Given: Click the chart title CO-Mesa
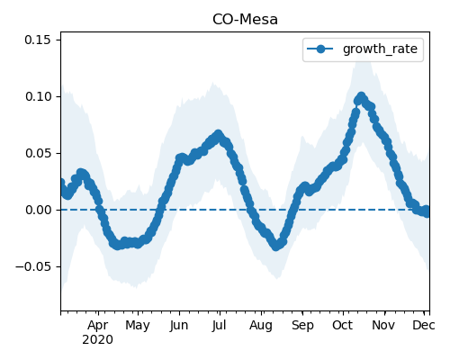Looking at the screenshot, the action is pos(245,20).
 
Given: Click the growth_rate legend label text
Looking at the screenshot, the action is pos(380,49).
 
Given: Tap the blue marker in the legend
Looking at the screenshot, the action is pos(320,49).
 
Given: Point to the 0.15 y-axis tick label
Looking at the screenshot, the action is pos(38,40).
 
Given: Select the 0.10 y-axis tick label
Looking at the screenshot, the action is pos(38,96).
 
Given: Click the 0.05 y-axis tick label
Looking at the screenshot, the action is pos(38,153).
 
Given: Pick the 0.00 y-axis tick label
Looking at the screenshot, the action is pos(38,210).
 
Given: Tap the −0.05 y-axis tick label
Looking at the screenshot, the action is pos(33,266).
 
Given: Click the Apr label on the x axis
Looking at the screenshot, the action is pos(98,326).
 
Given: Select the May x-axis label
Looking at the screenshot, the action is pos(138,326).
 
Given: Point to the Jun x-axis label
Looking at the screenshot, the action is pos(179,326).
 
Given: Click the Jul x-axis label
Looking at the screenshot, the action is pos(219,326).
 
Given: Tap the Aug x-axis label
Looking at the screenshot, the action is pos(261,326).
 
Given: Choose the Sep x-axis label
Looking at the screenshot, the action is pos(302,326).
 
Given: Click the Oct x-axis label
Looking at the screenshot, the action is pos(343,325).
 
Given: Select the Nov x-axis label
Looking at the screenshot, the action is pos(383,325).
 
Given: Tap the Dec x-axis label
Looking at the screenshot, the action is pos(424,325).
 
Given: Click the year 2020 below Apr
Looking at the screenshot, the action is pos(98,340).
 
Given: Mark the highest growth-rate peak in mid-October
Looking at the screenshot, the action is pos(361,97).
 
